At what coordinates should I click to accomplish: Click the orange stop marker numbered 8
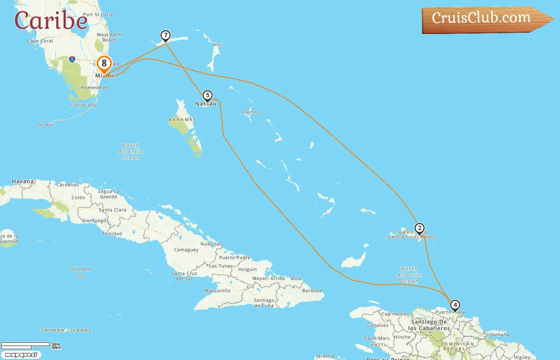(x=104, y=64)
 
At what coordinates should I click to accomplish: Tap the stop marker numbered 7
(x=165, y=36)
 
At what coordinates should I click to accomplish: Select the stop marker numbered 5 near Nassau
(x=207, y=96)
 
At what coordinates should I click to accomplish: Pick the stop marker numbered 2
(x=419, y=228)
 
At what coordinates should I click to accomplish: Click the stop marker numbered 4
(x=455, y=305)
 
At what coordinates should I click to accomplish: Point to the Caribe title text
(x=51, y=20)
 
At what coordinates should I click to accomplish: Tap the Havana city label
(x=23, y=181)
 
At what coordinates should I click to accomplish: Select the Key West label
(x=46, y=125)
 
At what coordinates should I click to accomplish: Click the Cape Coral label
(x=40, y=41)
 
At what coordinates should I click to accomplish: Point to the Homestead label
(x=94, y=88)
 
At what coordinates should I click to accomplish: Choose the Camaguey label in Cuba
(x=186, y=250)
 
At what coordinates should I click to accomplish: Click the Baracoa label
(x=312, y=291)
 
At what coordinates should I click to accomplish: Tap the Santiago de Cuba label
(x=264, y=303)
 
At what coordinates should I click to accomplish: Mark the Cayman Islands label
(x=66, y=330)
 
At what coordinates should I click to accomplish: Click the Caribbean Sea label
(x=80, y=272)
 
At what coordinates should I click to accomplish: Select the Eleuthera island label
(x=251, y=112)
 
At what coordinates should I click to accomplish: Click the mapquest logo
(x=21, y=355)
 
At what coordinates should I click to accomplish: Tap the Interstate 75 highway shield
(x=72, y=60)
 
